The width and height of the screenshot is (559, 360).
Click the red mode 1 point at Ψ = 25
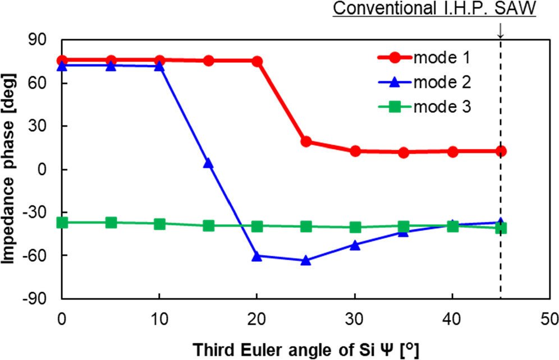(x=306, y=142)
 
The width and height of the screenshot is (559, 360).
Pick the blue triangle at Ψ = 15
(x=208, y=163)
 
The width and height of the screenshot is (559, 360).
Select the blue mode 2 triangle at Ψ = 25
(x=306, y=261)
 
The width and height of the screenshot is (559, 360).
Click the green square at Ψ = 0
(x=62, y=223)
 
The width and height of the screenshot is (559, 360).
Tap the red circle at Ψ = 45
(x=501, y=151)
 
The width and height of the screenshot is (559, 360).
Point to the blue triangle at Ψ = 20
(x=257, y=256)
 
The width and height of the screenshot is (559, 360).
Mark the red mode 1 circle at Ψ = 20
(x=257, y=61)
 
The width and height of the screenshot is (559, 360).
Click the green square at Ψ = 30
(x=355, y=227)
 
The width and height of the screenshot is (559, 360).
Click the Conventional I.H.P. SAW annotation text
(x=434, y=11)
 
